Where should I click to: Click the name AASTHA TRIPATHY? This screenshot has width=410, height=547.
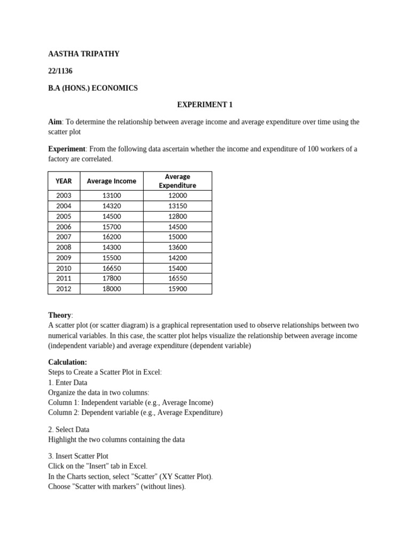pos(84,54)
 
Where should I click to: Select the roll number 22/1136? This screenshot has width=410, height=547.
pos(60,71)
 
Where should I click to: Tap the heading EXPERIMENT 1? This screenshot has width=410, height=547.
pos(205,105)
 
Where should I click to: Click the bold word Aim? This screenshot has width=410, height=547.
pos(54,122)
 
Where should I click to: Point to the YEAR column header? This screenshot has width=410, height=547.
pos(64,181)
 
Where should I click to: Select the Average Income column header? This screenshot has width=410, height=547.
pos(111,181)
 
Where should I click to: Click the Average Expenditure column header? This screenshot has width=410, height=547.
pos(177,181)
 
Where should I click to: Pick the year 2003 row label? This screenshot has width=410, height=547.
pos(64,196)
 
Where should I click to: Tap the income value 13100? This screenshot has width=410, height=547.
pos(111,196)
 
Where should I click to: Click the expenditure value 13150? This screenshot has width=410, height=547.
pos(177,206)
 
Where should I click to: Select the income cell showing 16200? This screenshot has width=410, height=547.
pos(111,237)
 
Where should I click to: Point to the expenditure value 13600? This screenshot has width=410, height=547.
pos(177,247)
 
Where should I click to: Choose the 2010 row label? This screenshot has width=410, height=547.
pos(64,268)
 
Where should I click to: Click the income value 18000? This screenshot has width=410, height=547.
pos(111,289)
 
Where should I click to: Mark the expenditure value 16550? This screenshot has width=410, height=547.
pos(177,278)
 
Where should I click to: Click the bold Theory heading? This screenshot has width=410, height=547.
pos(59,315)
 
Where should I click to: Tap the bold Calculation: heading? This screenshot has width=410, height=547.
pos(67,362)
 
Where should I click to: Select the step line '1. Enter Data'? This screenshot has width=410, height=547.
pos(68,382)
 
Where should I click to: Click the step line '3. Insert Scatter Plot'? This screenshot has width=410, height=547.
pos(78,456)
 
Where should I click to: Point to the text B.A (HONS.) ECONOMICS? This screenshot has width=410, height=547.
pos(93,88)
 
